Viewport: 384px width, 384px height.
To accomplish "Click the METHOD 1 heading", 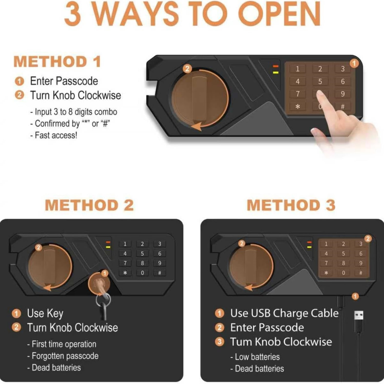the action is click(57, 62).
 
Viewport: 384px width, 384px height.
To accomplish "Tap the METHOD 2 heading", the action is click(89, 205).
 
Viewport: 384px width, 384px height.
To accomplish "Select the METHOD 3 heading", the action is click(291, 205).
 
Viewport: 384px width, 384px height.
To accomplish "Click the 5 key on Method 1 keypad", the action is click(320, 81).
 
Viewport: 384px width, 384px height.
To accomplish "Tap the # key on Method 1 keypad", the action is click(343, 106).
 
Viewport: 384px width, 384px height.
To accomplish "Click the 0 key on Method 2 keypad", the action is click(142, 273).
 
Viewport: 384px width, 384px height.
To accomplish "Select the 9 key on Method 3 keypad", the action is click(361, 263).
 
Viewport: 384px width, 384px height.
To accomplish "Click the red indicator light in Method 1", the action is click(276, 66).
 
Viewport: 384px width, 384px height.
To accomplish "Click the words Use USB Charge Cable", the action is click(284, 313).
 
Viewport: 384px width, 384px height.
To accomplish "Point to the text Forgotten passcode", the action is click(65, 356).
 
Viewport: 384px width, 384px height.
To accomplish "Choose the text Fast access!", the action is click(56, 135).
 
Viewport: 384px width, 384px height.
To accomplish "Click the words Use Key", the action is click(45, 314).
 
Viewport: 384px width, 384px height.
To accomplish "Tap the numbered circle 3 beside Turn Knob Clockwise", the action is click(219, 342).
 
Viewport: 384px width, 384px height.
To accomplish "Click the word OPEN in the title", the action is click(279, 14).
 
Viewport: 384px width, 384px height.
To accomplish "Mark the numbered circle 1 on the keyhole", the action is click(104, 274).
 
